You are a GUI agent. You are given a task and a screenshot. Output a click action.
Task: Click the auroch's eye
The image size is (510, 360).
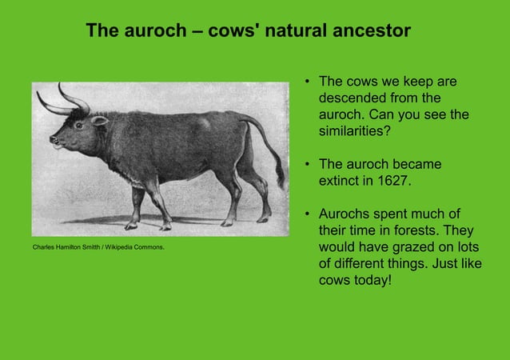tap(78, 125)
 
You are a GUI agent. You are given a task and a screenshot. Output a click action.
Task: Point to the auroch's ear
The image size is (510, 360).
tap(99, 121)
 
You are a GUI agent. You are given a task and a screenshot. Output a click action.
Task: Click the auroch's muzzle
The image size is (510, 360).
tap(54, 143)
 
